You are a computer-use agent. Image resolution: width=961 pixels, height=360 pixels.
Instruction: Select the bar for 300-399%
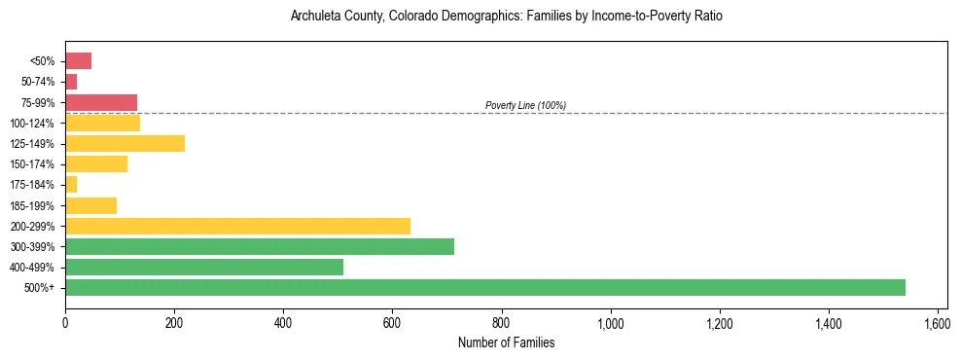tap(260, 246)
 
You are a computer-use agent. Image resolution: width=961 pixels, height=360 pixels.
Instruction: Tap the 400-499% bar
tap(204, 267)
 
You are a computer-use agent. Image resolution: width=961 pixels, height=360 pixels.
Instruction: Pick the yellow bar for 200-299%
tap(237, 226)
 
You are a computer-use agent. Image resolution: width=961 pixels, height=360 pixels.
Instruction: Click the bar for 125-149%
tap(125, 143)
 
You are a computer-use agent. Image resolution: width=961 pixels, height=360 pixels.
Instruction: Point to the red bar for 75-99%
tap(101, 102)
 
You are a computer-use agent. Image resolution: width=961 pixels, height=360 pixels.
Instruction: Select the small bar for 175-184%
tap(71, 184)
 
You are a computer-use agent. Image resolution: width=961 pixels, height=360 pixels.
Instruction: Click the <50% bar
tap(78, 61)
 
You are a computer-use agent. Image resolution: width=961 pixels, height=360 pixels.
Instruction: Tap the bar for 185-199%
tap(90, 205)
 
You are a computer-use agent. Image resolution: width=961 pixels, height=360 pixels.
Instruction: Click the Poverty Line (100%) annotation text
tap(525, 105)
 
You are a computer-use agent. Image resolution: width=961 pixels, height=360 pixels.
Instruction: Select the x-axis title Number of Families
tap(506, 342)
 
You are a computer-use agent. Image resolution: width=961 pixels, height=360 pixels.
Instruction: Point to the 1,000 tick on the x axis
tap(610, 322)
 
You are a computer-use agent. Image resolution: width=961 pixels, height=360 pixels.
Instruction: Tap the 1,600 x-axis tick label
tap(937, 322)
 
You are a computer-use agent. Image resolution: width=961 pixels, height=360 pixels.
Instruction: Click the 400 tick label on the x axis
tap(283, 322)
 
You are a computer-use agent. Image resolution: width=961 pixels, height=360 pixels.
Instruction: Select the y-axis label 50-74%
tap(37, 82)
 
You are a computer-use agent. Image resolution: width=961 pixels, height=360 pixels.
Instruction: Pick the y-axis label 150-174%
tap(32, 164)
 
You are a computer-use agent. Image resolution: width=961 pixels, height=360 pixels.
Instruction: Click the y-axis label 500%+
tap(40, 288)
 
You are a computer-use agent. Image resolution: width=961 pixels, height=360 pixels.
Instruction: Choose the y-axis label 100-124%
tap(32, 123)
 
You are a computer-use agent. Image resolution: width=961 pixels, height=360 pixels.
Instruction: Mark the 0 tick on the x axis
tap(65, 322)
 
